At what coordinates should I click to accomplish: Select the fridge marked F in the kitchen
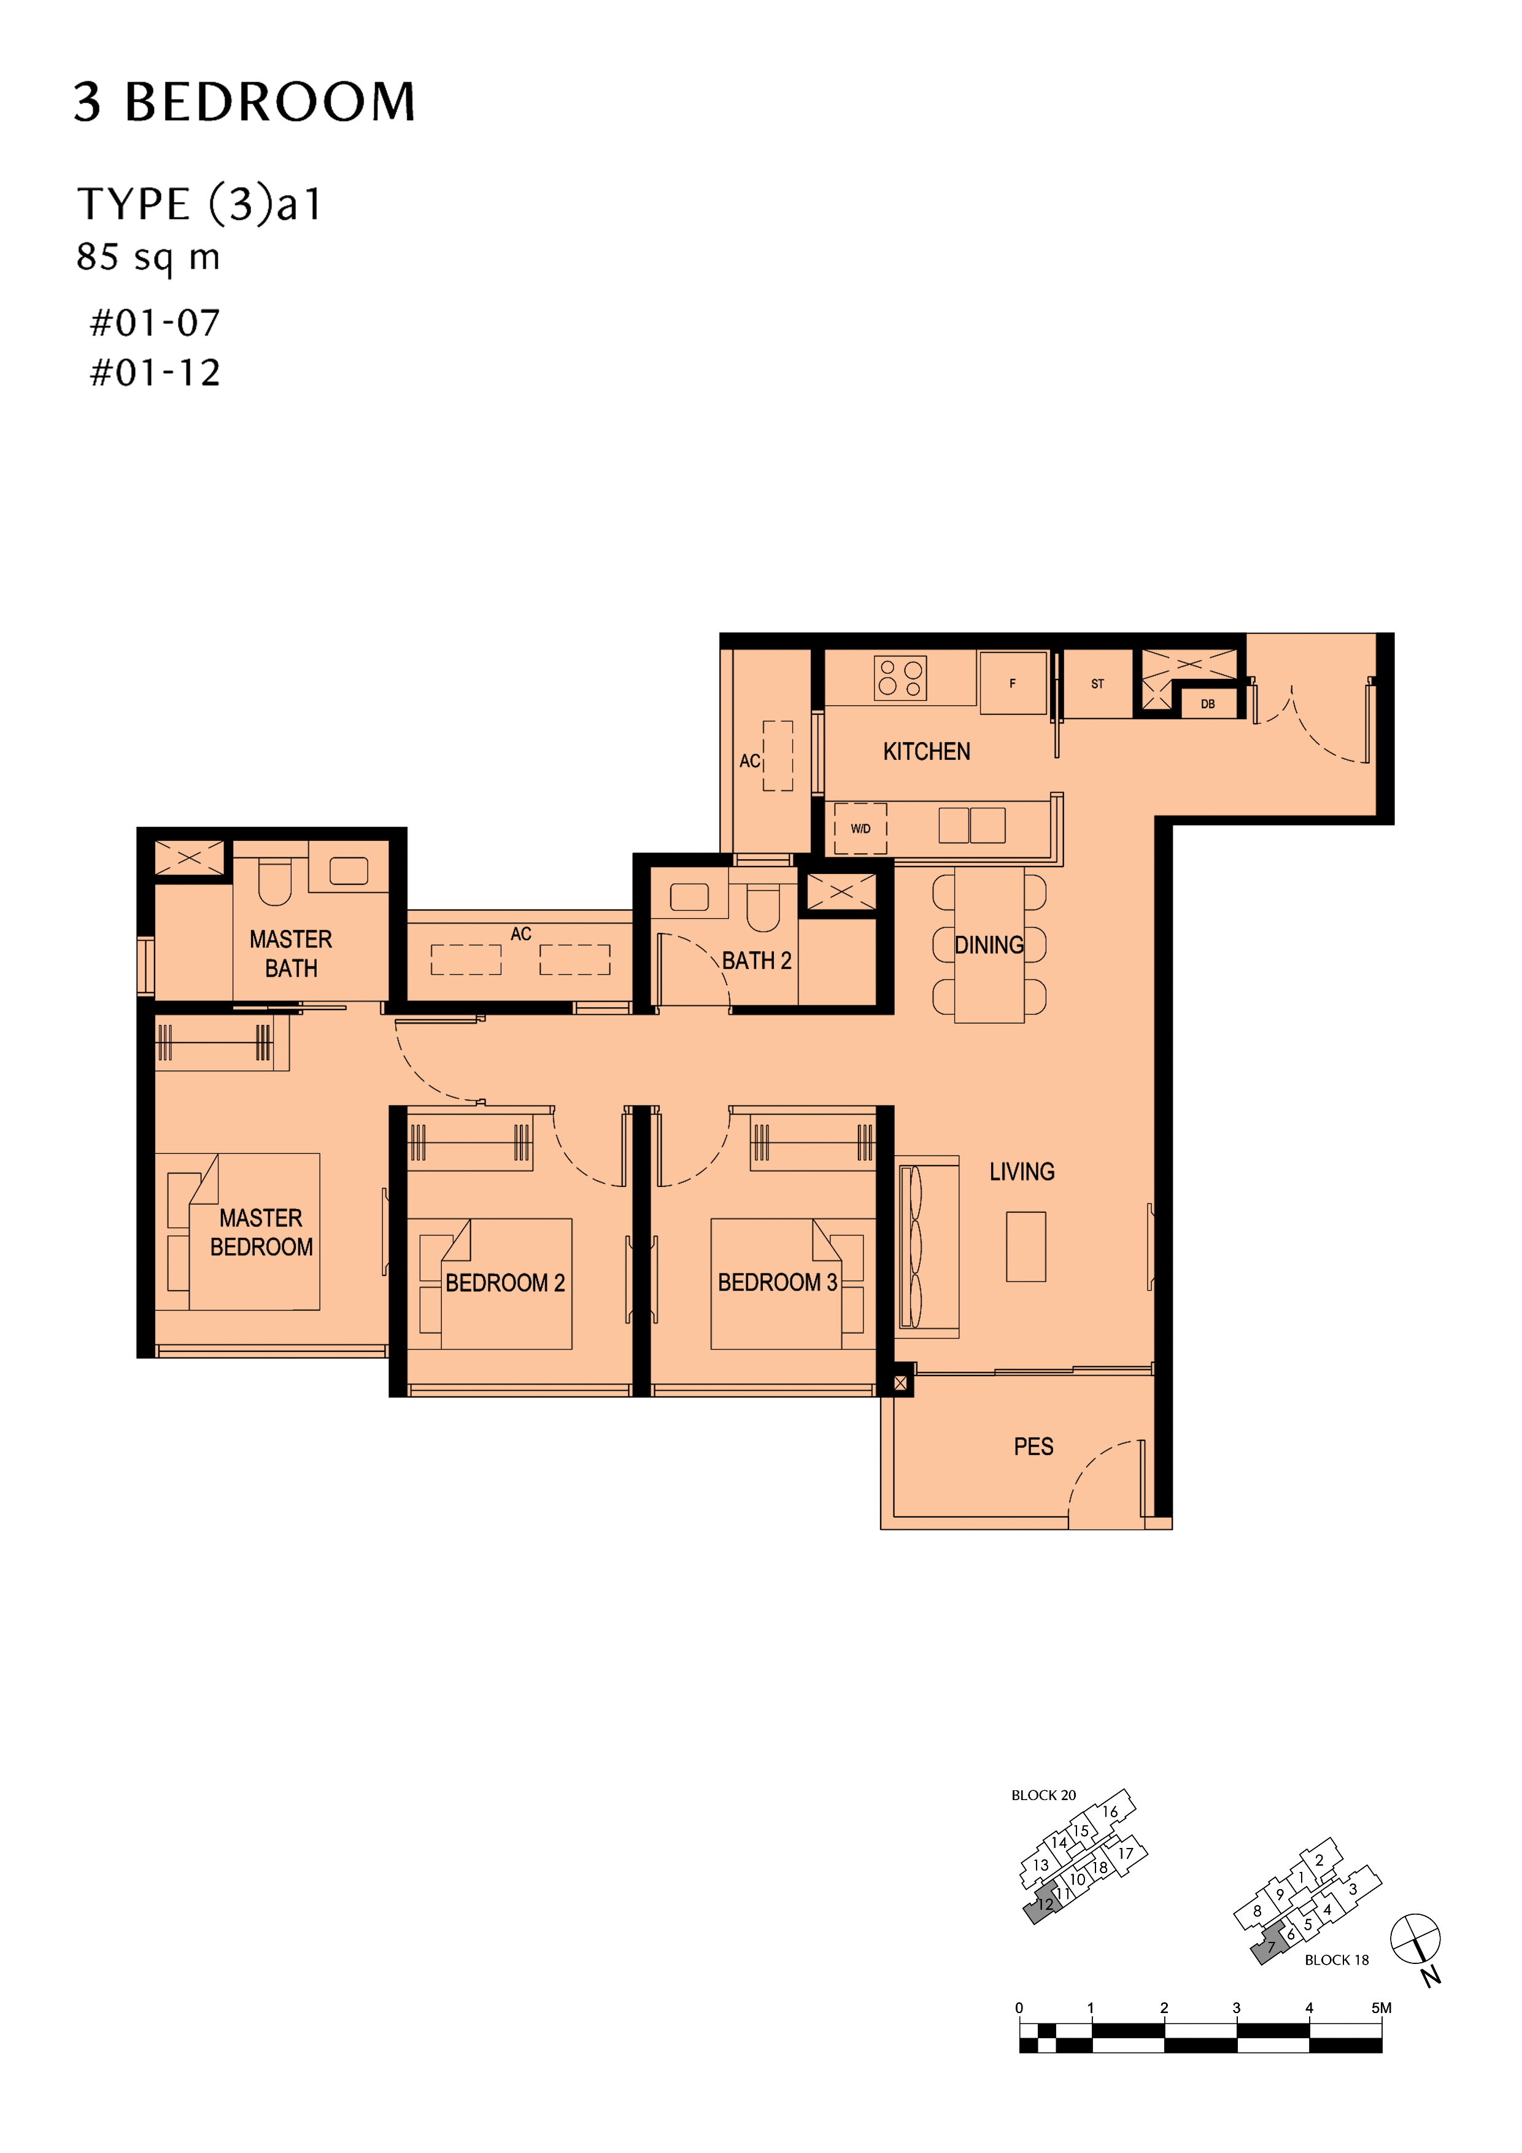coord(1013,684)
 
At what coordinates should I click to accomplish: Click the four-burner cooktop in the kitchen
coord(900,678)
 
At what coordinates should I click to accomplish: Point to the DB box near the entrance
coord(1208,703)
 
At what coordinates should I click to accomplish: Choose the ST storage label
coord(1097,684)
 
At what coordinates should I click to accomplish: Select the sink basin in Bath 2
coord(689,897)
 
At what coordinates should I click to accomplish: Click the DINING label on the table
coord(989,945)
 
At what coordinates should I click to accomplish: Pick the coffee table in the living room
coord(1026,1247)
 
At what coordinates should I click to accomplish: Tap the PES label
coord(1033,1447)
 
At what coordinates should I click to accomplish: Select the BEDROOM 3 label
coord(778,1283)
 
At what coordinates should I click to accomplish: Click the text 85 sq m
coord(148,257)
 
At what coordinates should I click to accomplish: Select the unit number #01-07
coord(155,323)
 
